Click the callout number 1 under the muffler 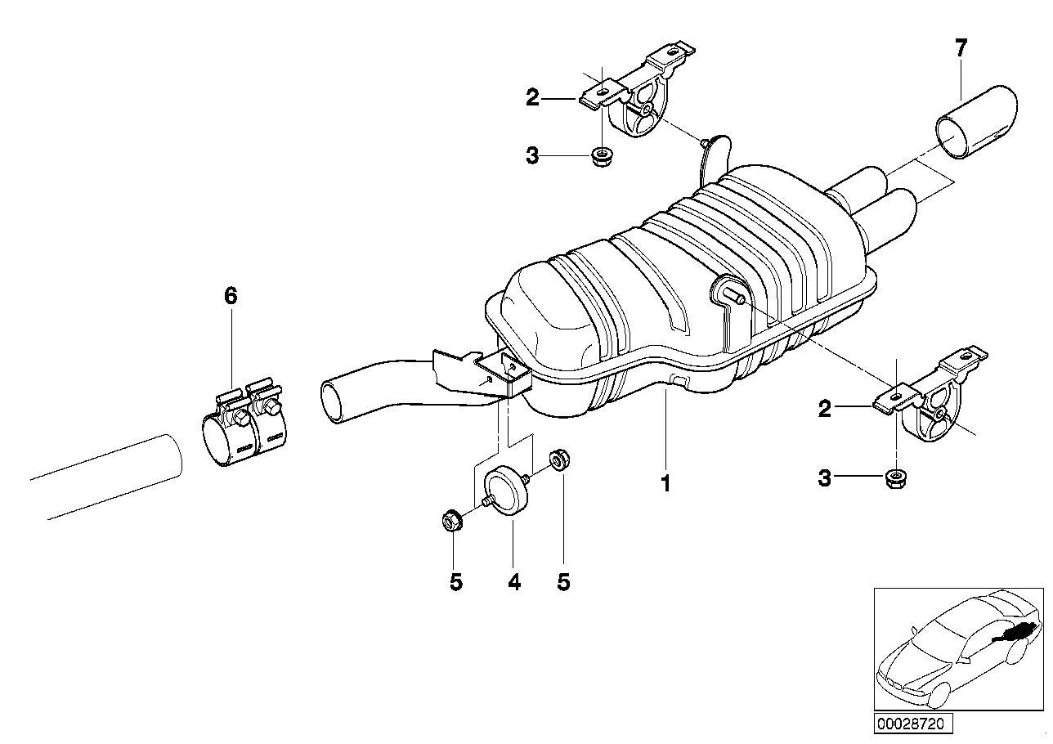(665, 484)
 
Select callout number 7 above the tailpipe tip (961, 48)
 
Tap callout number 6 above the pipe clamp (231, 296)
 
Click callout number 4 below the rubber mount (513, 582)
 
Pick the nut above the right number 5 (560, 459)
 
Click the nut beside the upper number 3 (602, 155)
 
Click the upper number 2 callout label (533, 99)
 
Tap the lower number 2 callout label (824, 408)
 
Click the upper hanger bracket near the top (642, 98)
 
